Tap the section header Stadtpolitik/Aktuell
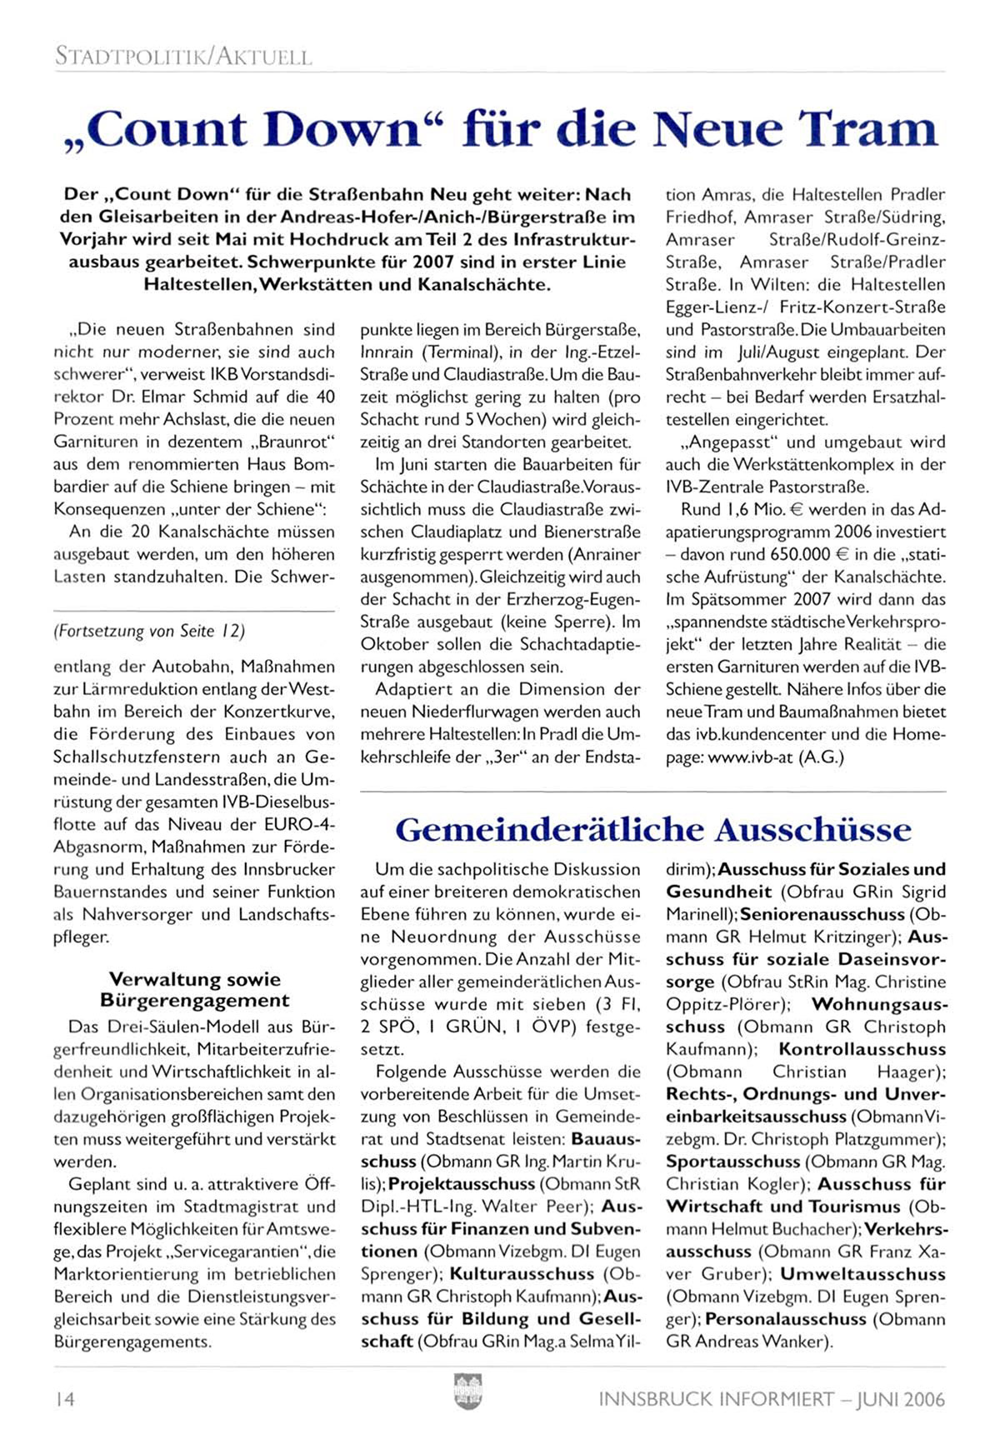tap(182, 57)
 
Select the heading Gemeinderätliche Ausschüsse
tap(653, 830)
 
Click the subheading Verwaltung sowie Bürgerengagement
tap(195, 990)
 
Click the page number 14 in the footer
tap(64, 1399)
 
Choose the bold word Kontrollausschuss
tap(862, 1049)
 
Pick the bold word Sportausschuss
tap(733, 1162)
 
